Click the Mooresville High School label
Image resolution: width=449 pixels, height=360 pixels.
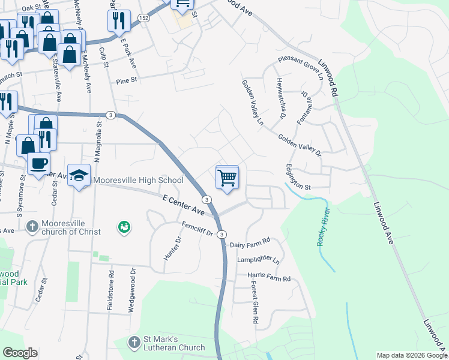click(138, 180)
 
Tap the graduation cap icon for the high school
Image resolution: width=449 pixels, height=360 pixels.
click(79, 176)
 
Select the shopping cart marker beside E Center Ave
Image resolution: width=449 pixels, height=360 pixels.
click(227, 178)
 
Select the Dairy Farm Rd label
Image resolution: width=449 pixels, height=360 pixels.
click(250, 245)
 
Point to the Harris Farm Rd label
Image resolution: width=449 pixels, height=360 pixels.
click(269, 278)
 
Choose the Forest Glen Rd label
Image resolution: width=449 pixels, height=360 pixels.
click(255, 304)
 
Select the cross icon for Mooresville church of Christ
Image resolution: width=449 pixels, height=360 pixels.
click(32, 227)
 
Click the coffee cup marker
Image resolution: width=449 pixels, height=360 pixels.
click(39, 163)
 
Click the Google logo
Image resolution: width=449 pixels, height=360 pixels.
click(20, 353)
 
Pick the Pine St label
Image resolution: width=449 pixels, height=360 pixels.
click(127, 79)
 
